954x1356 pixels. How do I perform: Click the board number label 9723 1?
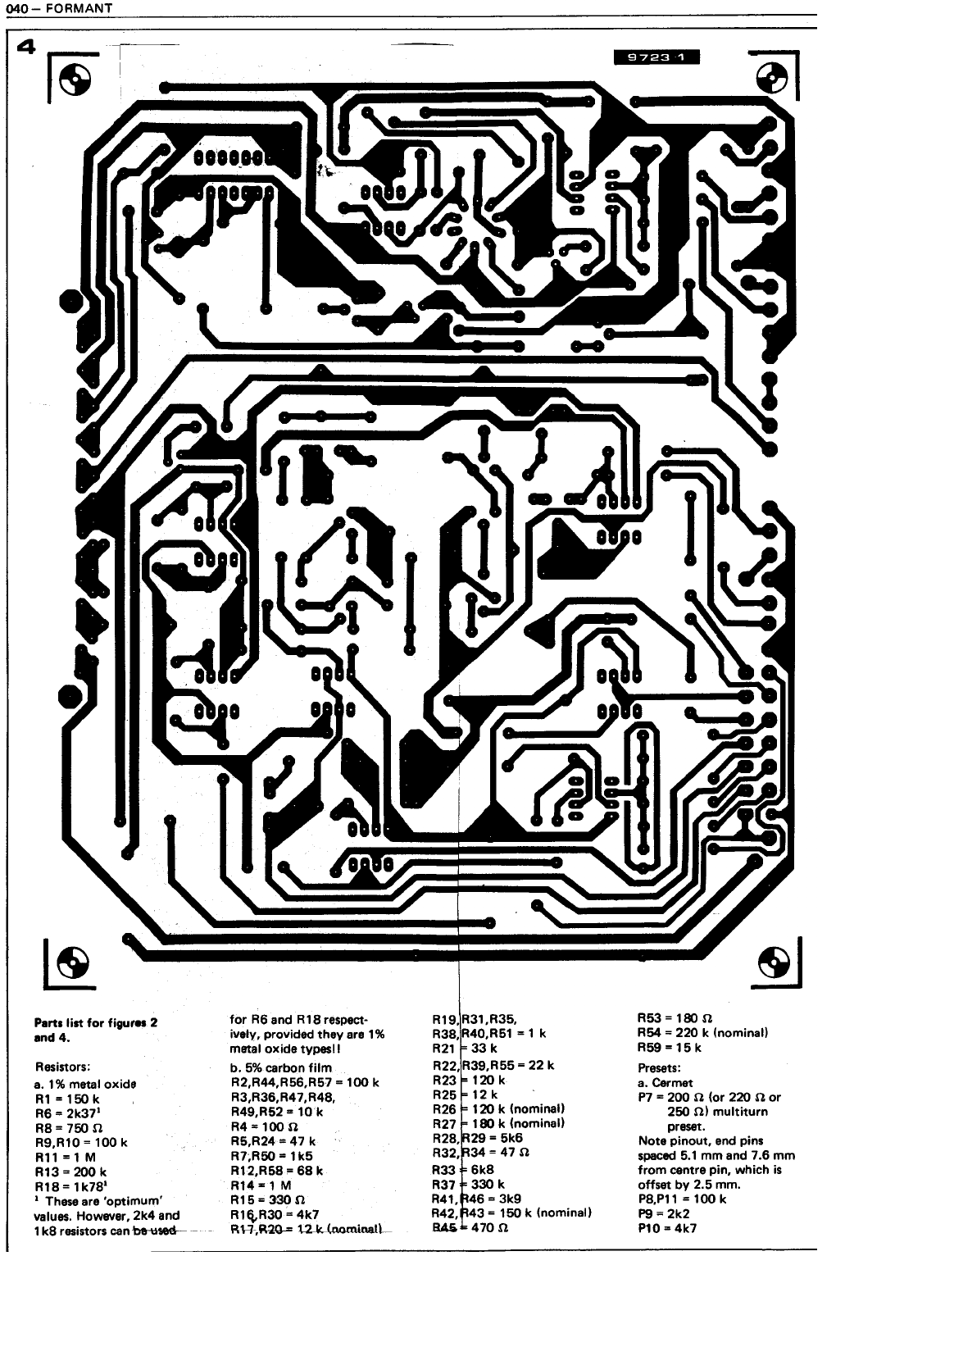656,57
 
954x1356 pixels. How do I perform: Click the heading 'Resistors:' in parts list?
62,1067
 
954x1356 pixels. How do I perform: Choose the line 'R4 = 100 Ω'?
257,1126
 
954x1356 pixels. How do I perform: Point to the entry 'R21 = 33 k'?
465,1048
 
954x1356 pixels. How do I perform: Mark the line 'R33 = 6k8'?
463,1170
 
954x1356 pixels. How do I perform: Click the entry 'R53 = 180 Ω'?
669,1018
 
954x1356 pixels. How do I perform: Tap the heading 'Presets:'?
659,1068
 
